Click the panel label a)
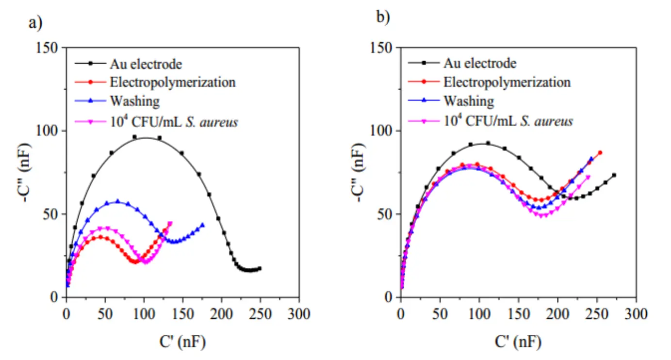click(x=33, y=23)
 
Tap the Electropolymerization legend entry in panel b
click(x=507, y=82)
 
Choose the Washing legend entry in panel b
click(x=468, y=101)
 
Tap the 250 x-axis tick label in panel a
click(x=260, y=313)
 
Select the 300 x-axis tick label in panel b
click(x=634, y=313)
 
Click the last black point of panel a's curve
click(x=260, y=268)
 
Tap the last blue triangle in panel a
click(x=202, y=225)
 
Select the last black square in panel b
click(x=614, y=175)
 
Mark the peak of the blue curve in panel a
click(x=117, y=201)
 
